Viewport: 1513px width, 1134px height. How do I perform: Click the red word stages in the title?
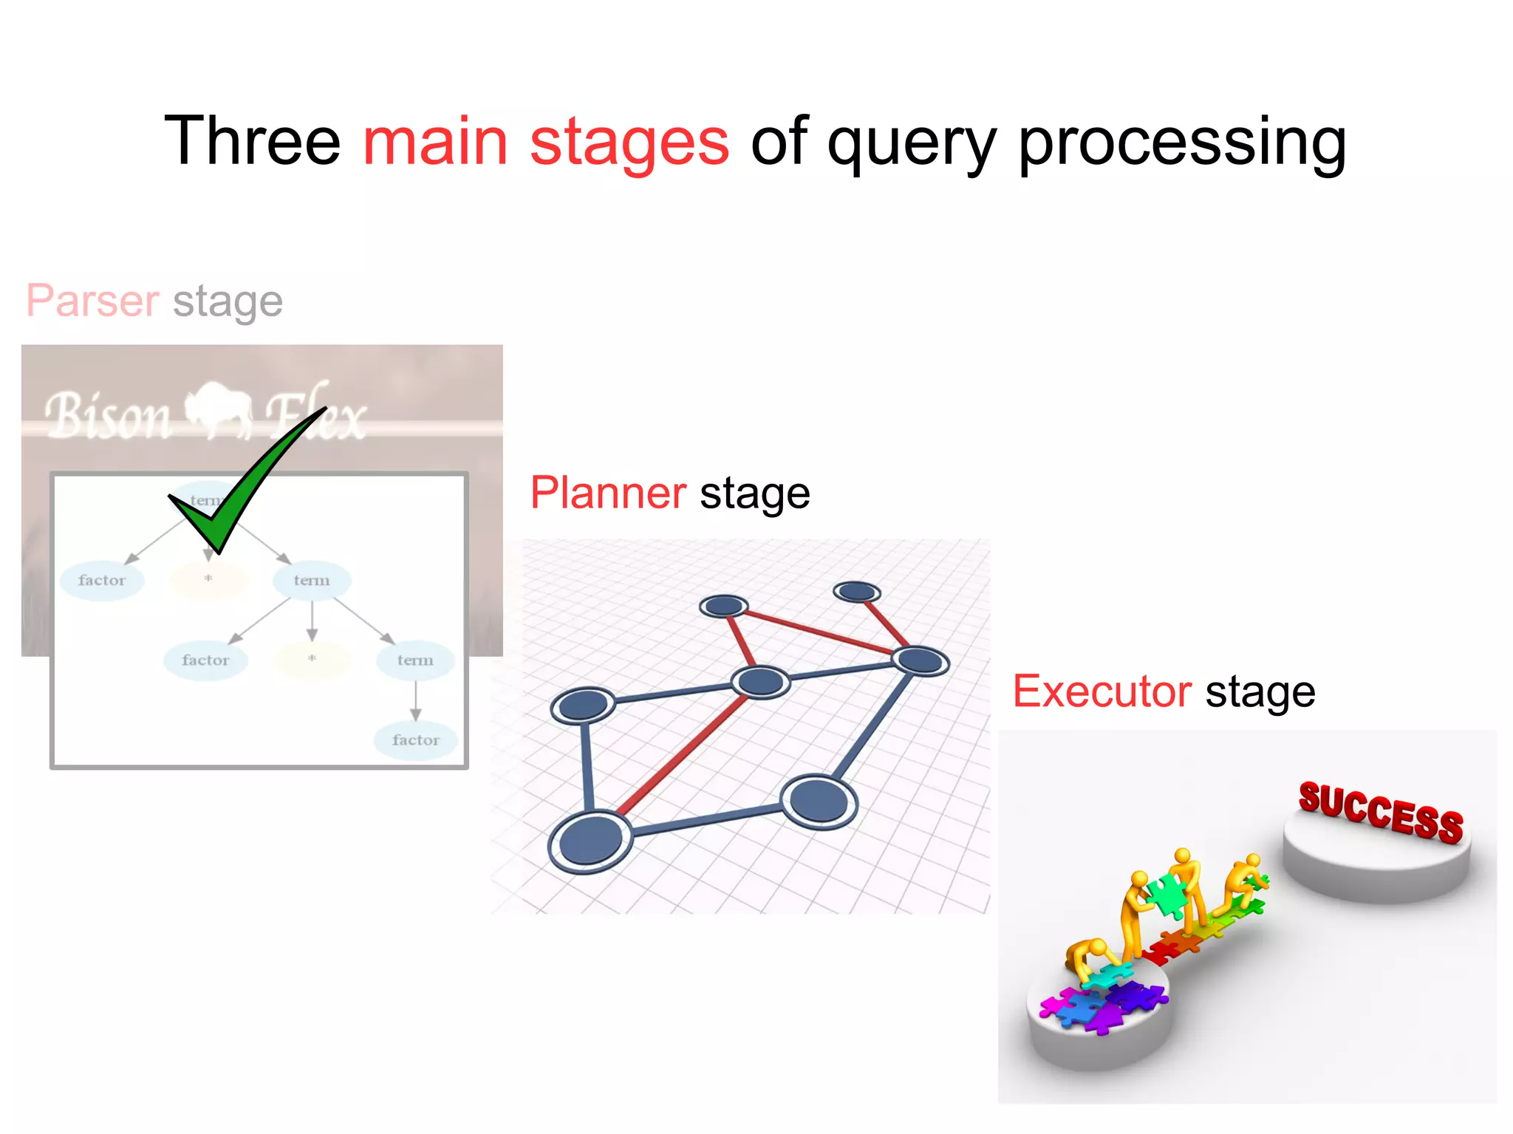[629, 142]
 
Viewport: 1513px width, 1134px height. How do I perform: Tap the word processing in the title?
[1182, 142]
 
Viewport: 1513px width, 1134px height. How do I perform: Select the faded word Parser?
[93, 301]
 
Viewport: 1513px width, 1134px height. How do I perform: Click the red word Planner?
[608, 493]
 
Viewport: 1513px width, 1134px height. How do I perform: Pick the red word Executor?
[1102, 691]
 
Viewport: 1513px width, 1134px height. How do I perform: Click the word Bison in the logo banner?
[108, 417]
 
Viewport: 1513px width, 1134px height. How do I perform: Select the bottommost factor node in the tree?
[415, 740]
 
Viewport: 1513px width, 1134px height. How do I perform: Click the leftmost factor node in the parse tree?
[102, 580]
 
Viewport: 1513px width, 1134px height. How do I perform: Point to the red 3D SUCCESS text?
[1381, 812]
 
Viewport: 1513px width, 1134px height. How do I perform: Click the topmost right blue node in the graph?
[856, 592]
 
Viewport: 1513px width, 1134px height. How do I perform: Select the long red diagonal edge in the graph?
[683, 754]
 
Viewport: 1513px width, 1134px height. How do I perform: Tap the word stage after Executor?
[1260, 691]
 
